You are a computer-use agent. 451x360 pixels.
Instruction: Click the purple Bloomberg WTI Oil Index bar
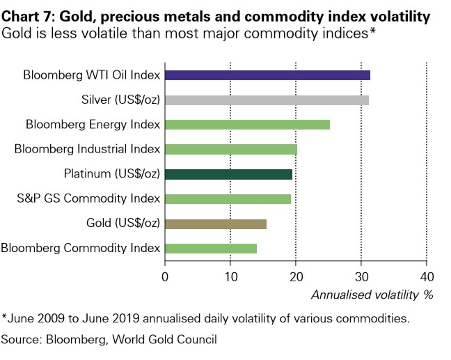click(x=267, y=75)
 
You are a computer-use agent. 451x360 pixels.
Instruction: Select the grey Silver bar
click(x=267, y=100)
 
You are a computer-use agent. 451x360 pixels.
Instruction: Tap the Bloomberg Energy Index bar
click(x=247, y=125)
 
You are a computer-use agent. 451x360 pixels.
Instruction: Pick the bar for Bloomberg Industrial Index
click(x=231, y=149)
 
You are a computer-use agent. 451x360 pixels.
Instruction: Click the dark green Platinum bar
click(x=228, y=174)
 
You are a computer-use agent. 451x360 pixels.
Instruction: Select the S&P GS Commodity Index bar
click(x=228, y=199)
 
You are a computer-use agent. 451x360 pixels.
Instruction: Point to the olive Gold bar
click(x=216, y=224)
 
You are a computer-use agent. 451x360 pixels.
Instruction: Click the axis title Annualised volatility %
click(x=372, y=295)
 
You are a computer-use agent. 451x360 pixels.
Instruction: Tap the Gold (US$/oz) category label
click(x=130, y=224)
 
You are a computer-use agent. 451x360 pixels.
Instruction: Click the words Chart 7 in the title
click(x=29, y=15)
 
